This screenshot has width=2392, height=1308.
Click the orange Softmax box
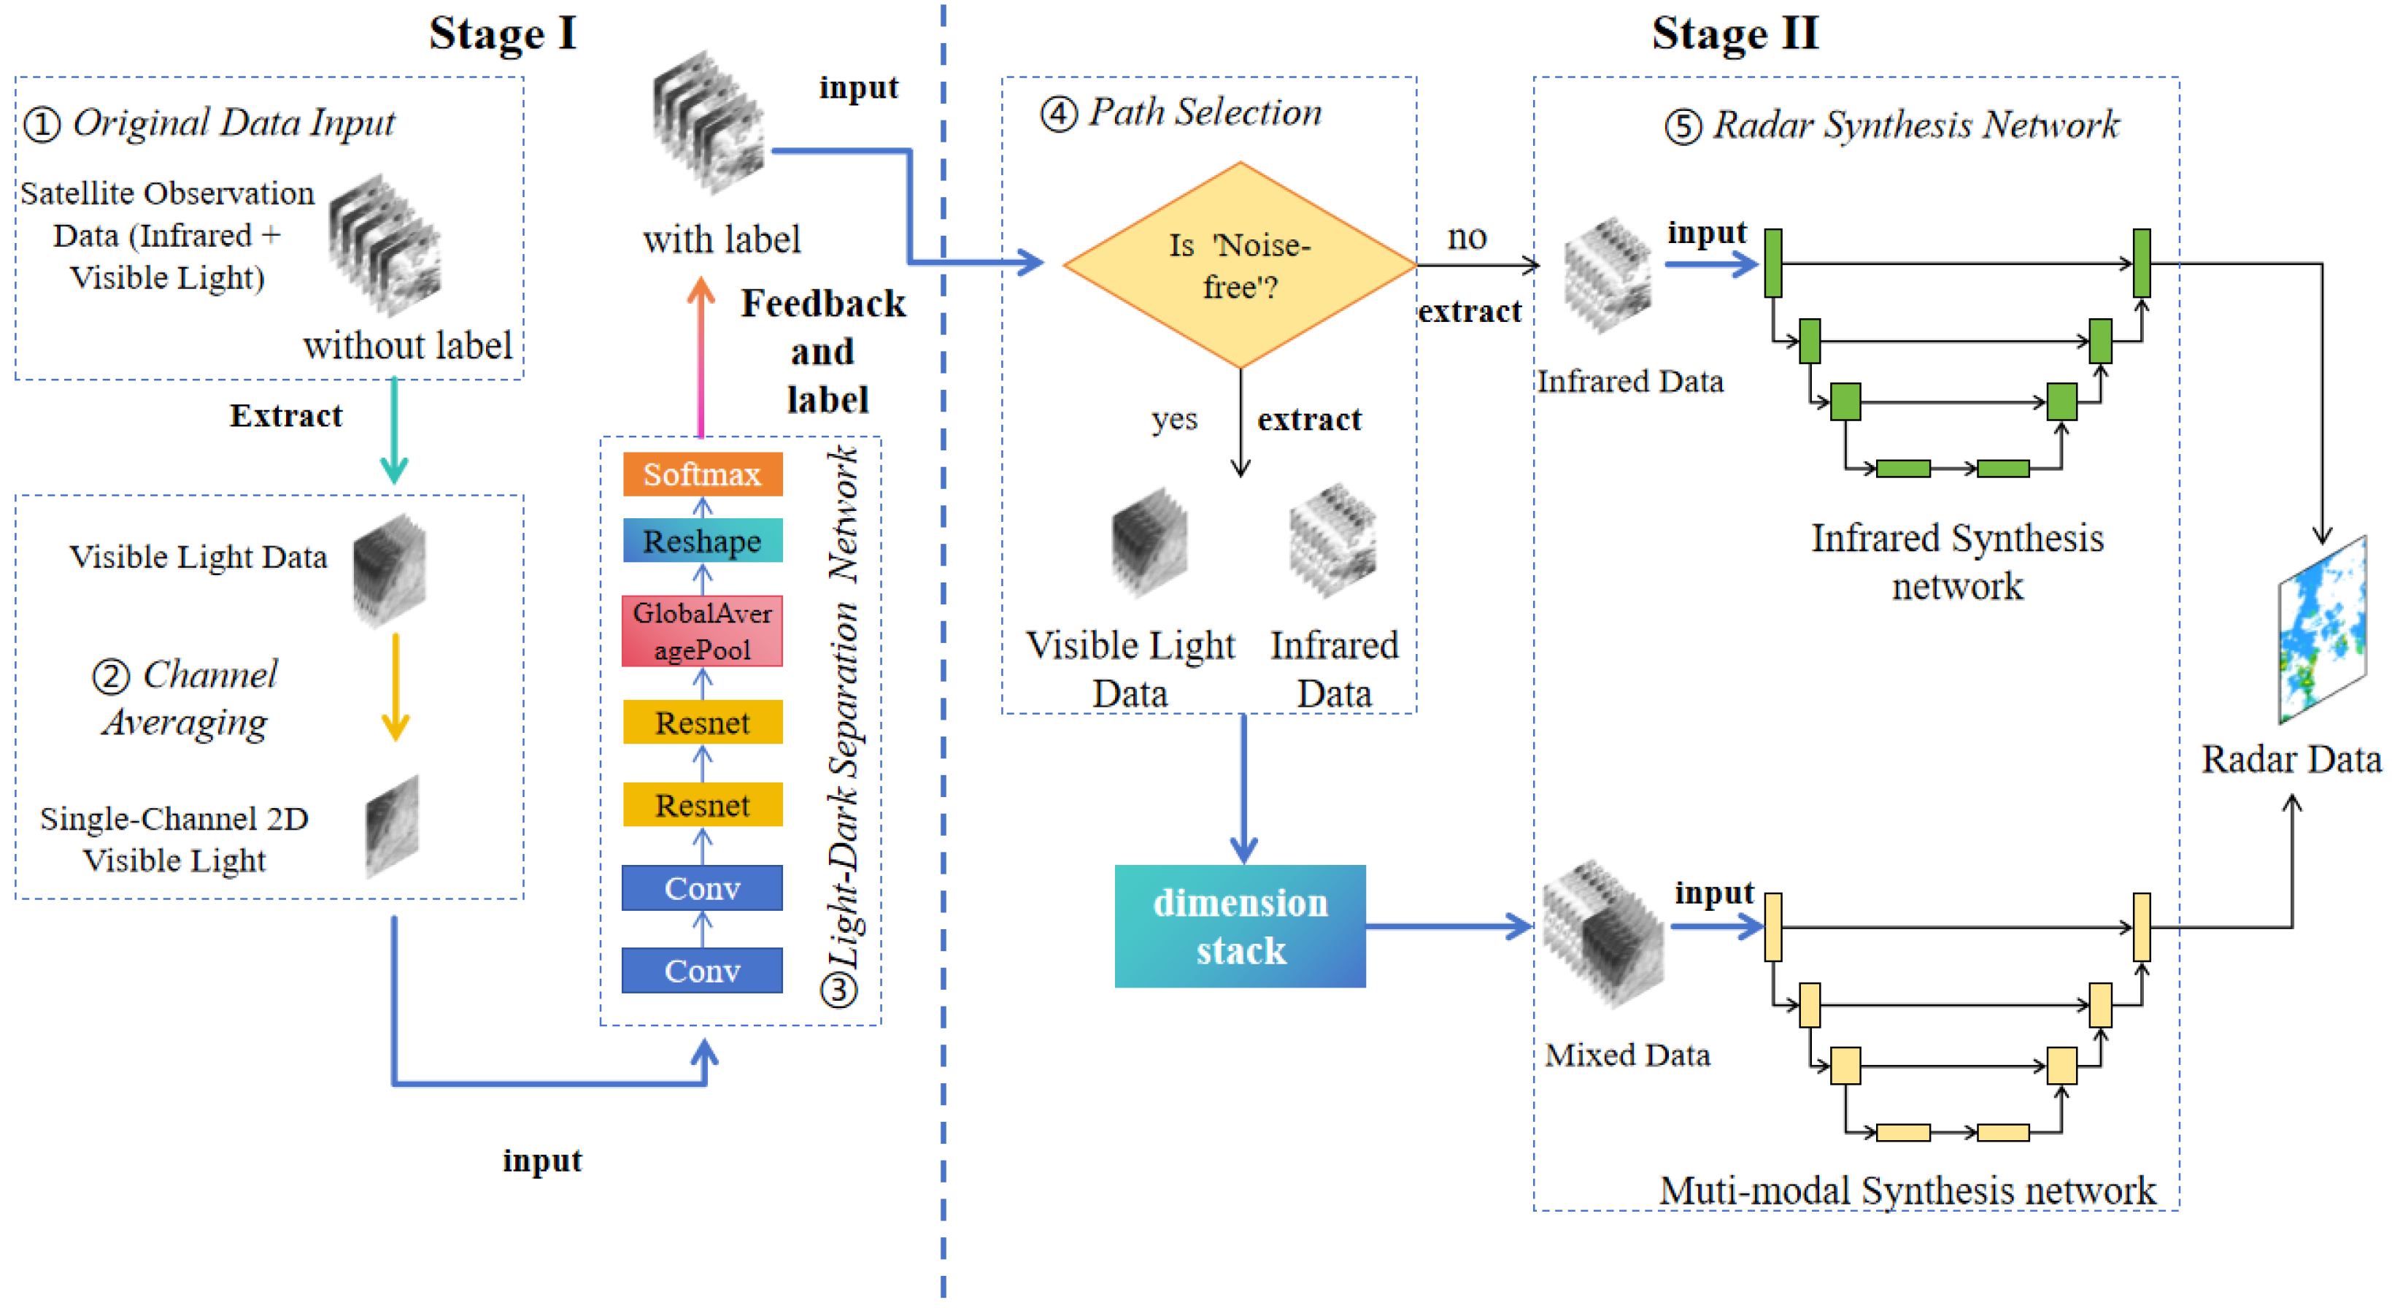(702, 474)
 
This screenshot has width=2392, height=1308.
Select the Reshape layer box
(702, 541)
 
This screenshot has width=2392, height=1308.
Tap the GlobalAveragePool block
(702, 631)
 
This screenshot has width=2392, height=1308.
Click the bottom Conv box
(702, 970)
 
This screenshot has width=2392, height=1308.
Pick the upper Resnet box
(702, 722)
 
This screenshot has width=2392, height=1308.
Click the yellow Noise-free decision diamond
(1239, 266)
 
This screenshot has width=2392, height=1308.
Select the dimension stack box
(1239, 926)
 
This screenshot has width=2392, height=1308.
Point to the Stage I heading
(502, 34)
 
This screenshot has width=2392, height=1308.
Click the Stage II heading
(1734, 34)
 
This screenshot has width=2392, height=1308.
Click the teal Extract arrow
(395, 432)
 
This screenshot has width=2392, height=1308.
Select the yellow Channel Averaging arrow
(396, 688)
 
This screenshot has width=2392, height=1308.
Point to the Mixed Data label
(1627, 1055)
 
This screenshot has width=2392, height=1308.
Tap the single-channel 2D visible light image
(393, 826)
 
